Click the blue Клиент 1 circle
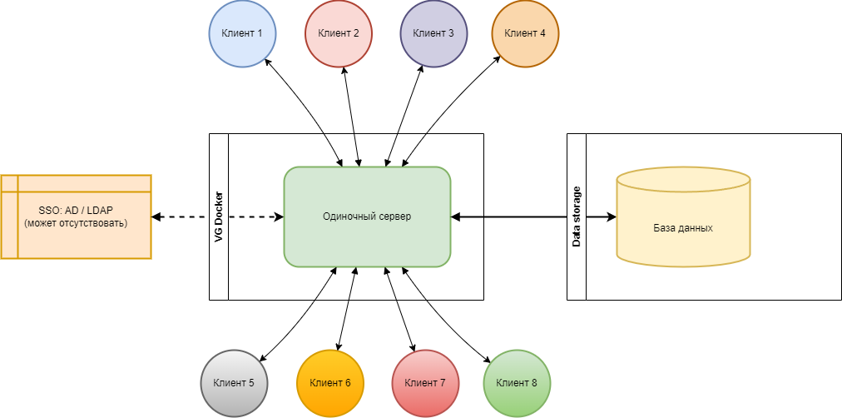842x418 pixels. point(241,33)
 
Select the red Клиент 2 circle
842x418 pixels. point(338,33)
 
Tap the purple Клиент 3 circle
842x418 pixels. point(433,33)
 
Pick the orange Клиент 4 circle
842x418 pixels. point(525,33)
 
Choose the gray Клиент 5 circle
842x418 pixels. point(234,383)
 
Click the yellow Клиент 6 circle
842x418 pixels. point(329,383)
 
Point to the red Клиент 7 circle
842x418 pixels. point(425,383)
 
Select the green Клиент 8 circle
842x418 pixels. point(516,383)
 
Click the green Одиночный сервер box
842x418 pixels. point(367,216)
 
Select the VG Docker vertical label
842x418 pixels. point(218,216)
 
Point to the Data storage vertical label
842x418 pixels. point(577,216)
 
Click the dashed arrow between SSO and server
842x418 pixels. point(179,217)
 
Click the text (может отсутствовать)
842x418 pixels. point(76,224)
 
